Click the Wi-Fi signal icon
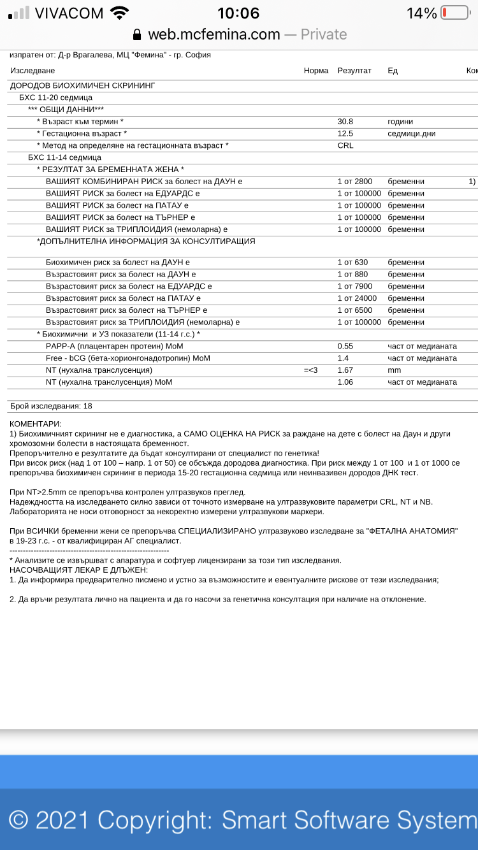119,13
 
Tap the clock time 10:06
238,13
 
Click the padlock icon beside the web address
136,34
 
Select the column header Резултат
354,71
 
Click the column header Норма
316,71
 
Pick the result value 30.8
345,121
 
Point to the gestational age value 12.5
345,133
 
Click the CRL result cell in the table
345,145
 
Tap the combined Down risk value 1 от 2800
355,182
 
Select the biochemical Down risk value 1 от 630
352,262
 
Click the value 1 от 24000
357,298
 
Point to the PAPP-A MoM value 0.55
345,346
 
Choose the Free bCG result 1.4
343,358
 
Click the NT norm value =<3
311,370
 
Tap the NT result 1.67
345,370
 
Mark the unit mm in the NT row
394,370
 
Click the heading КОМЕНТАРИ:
36,424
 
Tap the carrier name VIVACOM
69,13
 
